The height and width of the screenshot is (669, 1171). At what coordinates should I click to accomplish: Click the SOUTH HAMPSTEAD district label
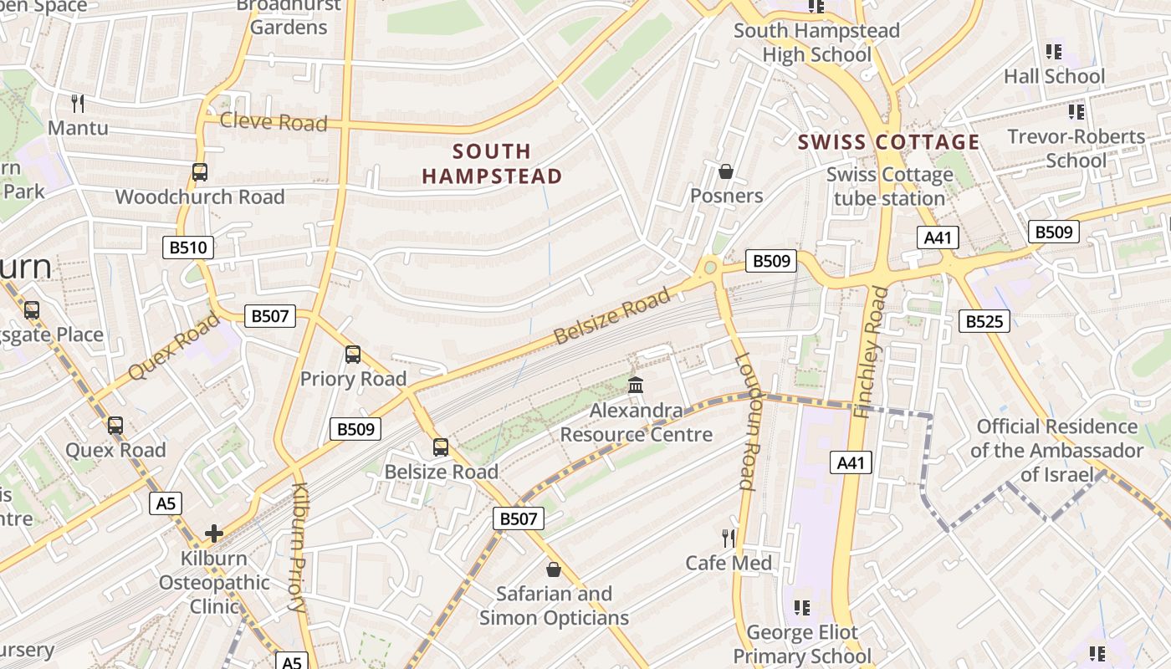pos(492,164)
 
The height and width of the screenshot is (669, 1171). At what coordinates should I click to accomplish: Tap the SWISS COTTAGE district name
pos(888,142)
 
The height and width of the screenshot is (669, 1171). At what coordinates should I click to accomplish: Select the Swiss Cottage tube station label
pos(889,186)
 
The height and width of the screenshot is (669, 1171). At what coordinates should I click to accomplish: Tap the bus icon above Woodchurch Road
pos(199,172)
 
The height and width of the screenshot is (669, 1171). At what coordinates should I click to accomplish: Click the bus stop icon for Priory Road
pos(353,355)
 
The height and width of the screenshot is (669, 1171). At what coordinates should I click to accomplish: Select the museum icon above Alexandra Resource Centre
pos(636,386)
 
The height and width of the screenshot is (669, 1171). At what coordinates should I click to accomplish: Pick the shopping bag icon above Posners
pos(726,171)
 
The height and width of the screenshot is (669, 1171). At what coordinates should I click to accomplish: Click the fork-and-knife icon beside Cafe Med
pos(729,538)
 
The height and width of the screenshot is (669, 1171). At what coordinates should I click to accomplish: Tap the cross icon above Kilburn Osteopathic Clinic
pos(214,533)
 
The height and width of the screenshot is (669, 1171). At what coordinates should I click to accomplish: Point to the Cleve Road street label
pos(273,122)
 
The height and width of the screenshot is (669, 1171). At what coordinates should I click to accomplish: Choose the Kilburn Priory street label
pos(299,548)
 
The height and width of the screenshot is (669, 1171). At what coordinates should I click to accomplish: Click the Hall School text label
pos(1054,76)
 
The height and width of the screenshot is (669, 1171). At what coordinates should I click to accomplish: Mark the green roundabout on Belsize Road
pos(711,268)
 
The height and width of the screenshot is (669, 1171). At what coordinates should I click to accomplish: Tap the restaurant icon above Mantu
pos(78,104)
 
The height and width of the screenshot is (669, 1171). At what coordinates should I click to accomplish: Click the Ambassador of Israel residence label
pos(1056,451)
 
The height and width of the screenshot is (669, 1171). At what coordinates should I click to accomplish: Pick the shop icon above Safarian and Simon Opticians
pos(553,569)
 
